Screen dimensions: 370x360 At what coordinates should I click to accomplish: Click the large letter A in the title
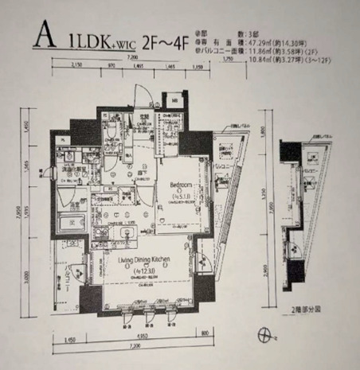coord(45,38)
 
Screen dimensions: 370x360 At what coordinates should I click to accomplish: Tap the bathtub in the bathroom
coord(66,225)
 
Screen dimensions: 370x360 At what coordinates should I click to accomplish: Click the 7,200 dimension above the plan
coord(131,60)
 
